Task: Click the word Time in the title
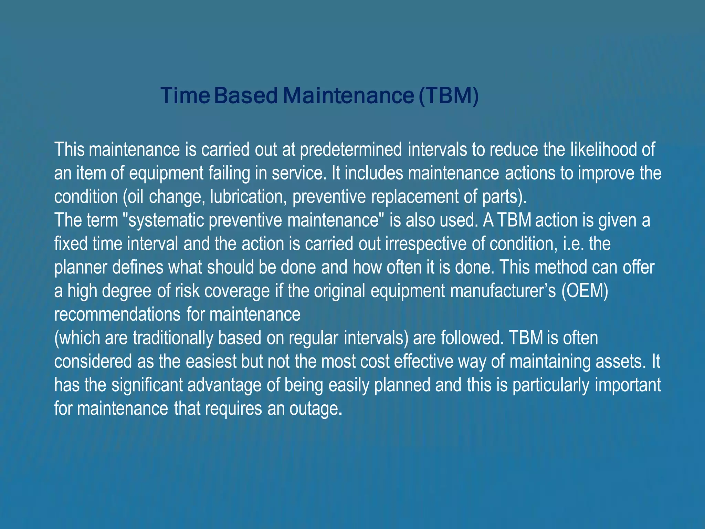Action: (185, 95)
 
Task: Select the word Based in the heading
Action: (246, 95)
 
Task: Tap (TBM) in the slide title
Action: (449, 95)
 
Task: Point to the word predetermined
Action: (351, 150)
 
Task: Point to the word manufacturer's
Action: (503, 291)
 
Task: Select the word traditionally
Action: (173, 338)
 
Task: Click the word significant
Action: (147, 385)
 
